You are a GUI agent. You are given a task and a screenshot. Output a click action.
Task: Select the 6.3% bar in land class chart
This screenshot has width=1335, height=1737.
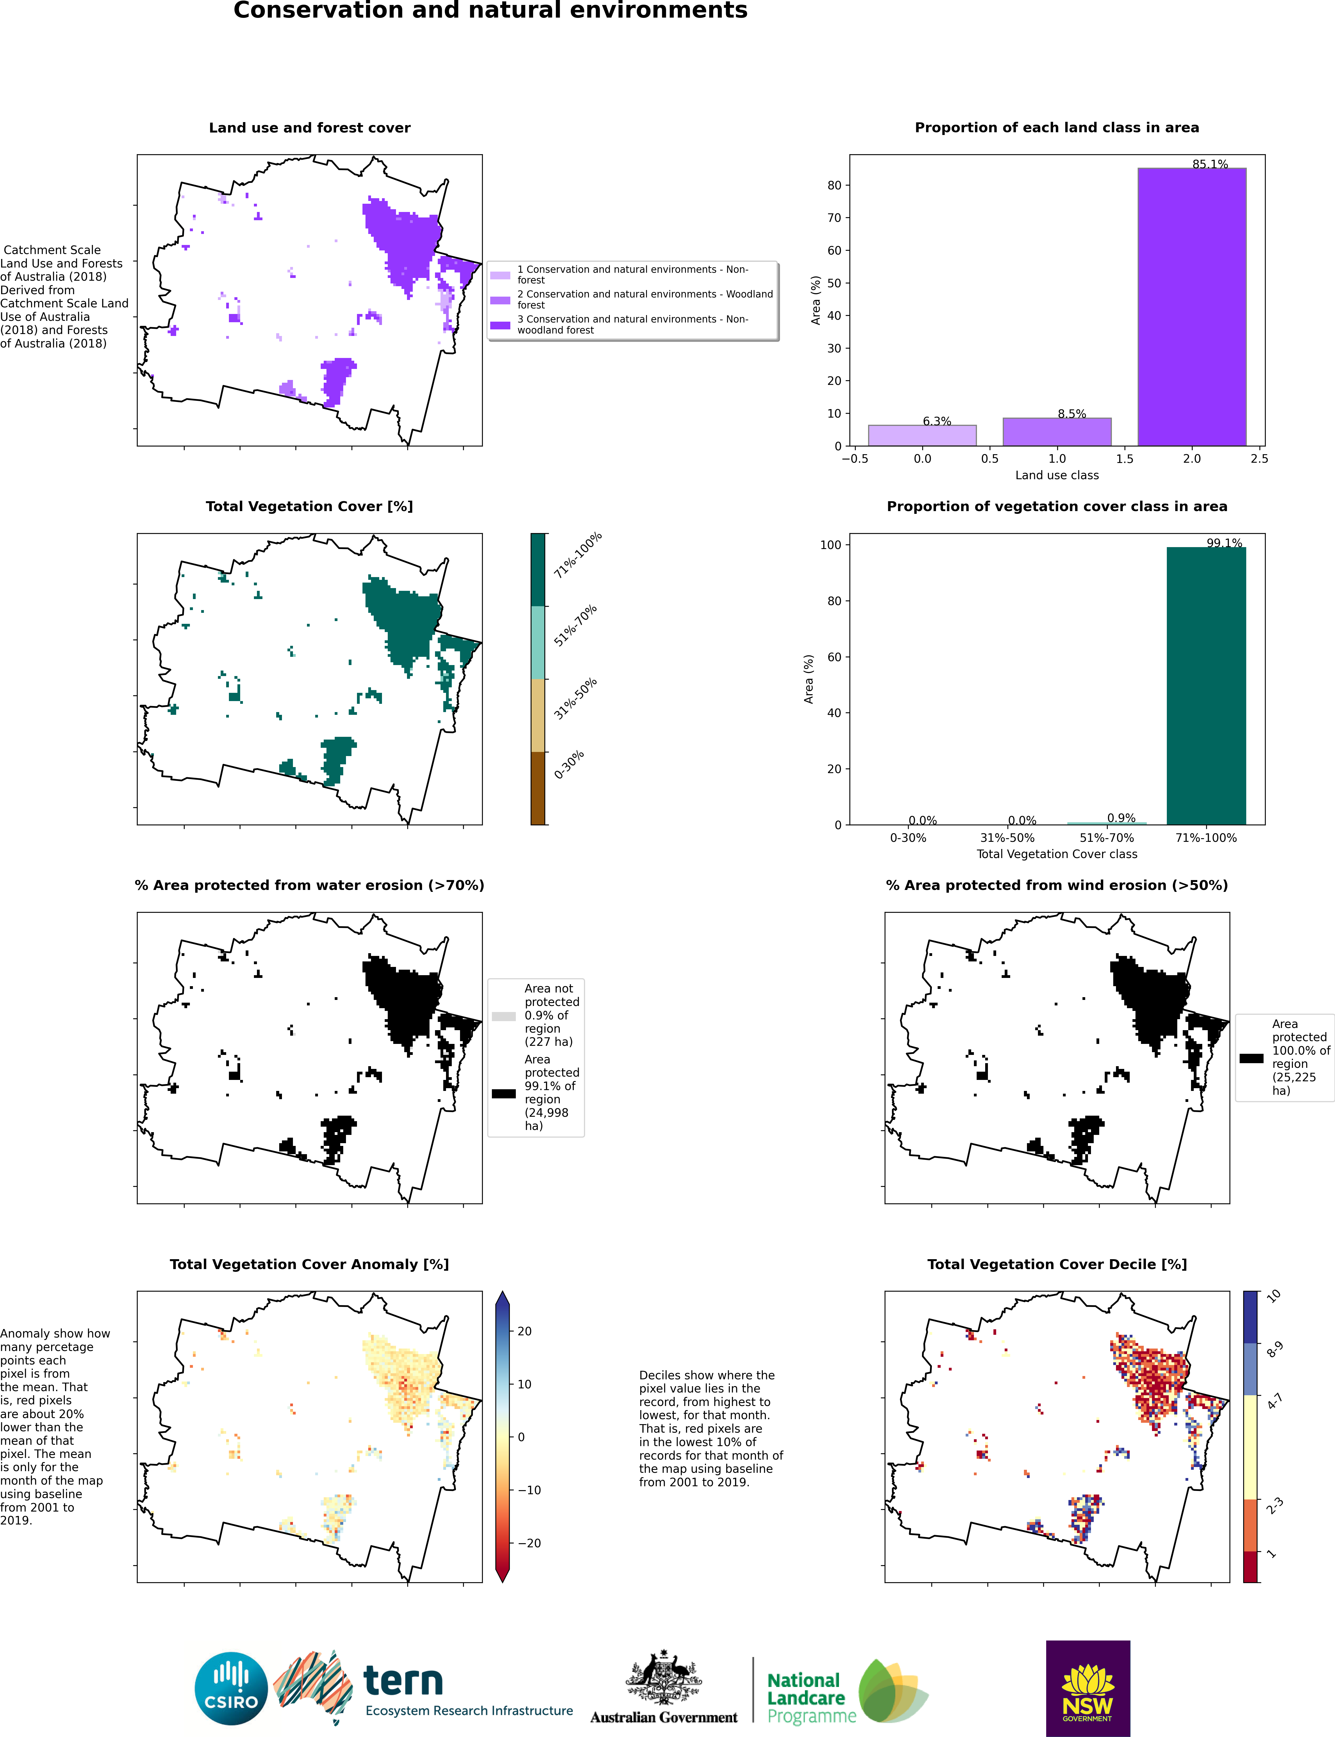click(x=922, y=436)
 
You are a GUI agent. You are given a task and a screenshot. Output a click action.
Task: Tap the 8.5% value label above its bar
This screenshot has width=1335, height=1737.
click(x=1071, y=413)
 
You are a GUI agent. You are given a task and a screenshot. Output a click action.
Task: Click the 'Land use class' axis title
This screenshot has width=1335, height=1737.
click(x=1057, y=475)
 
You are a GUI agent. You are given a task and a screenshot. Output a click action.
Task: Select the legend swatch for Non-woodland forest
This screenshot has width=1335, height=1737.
click(x=500, y=325)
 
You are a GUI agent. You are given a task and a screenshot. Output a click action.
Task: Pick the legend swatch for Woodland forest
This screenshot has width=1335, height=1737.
click(x=500, y=300)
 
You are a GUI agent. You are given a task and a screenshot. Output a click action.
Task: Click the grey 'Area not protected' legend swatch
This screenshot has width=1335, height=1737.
click(x=504, y=1016)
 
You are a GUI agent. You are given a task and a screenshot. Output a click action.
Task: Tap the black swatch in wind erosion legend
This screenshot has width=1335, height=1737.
click(x=1251, y=1058)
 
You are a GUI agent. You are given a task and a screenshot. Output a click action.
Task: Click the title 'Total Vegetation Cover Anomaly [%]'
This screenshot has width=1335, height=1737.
click(x=309, y=1264)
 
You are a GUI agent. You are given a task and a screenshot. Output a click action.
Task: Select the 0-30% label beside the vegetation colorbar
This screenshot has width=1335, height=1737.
click(x=569, y=764)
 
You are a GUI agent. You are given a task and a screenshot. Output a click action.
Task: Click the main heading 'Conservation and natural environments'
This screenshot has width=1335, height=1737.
click(x=490, y=10)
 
